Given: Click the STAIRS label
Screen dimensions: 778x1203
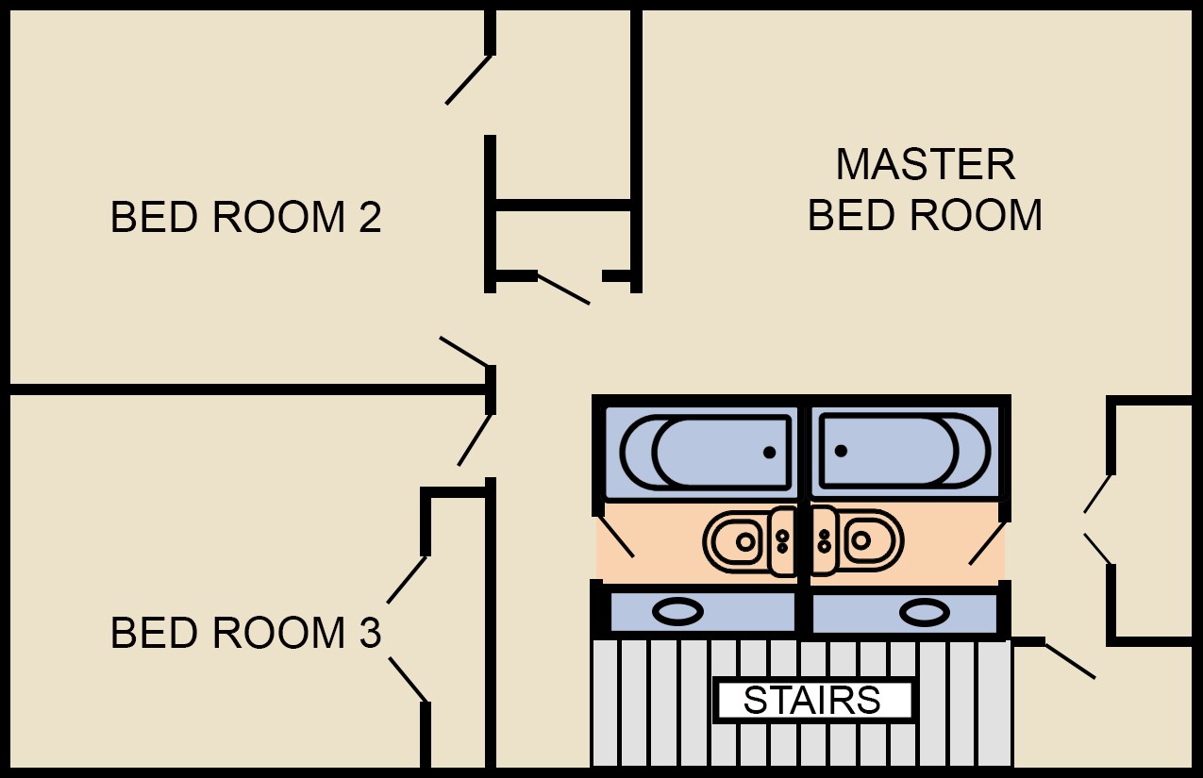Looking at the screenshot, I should (x=812, y=701).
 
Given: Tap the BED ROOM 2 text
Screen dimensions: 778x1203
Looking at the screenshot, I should (x=245, y=218).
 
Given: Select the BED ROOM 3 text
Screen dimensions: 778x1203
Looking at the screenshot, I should (x=245, y=633).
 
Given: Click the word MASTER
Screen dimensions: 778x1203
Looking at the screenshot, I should (x=926, y=165).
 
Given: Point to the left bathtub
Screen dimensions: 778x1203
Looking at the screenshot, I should (x=706, y=452).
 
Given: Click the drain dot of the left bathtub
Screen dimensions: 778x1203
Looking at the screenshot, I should (x=769, y=453).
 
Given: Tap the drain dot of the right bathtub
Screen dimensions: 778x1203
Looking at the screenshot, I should (x=841, y=451).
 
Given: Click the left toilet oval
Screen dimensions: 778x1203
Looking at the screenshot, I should (x=677, y=612).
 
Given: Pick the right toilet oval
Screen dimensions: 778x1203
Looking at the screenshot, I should (x=925, y=612).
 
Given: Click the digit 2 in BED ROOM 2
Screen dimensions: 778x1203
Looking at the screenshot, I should (x=370, y=218).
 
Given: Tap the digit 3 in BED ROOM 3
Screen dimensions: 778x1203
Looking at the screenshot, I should (x=370, y=633).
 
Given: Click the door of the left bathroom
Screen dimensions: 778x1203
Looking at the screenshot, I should (x=615, y=536).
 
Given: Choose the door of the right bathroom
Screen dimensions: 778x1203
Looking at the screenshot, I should (x=988, y=543).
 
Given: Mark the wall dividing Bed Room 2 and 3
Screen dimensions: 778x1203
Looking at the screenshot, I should (x=245, y=389).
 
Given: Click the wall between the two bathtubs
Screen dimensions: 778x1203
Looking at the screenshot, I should (x=804, y=451).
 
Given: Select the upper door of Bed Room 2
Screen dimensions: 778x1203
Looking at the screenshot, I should (x=469, y=79).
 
